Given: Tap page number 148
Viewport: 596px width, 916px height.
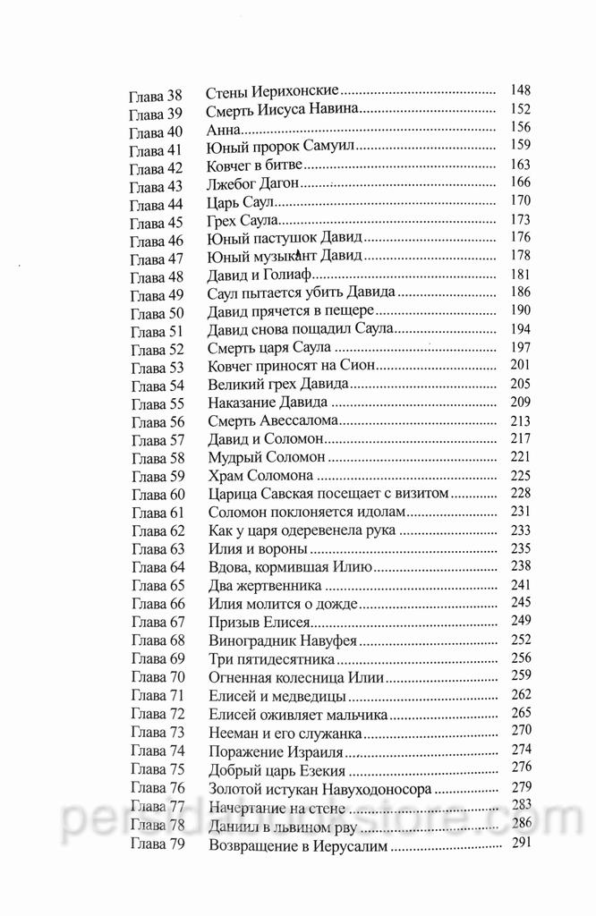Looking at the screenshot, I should [x=520, y=90].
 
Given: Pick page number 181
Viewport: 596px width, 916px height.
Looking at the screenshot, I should [x=520, y=275].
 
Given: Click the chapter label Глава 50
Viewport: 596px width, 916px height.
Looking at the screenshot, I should [x=157, y=312].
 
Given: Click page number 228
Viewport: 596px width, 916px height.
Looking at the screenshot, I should [x=520, y=494].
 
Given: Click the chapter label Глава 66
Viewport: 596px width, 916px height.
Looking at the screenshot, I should [x=157, y=606].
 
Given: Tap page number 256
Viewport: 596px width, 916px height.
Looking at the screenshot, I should [x=520, y=659].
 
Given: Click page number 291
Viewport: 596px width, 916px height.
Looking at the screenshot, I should [x=520, y=843].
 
